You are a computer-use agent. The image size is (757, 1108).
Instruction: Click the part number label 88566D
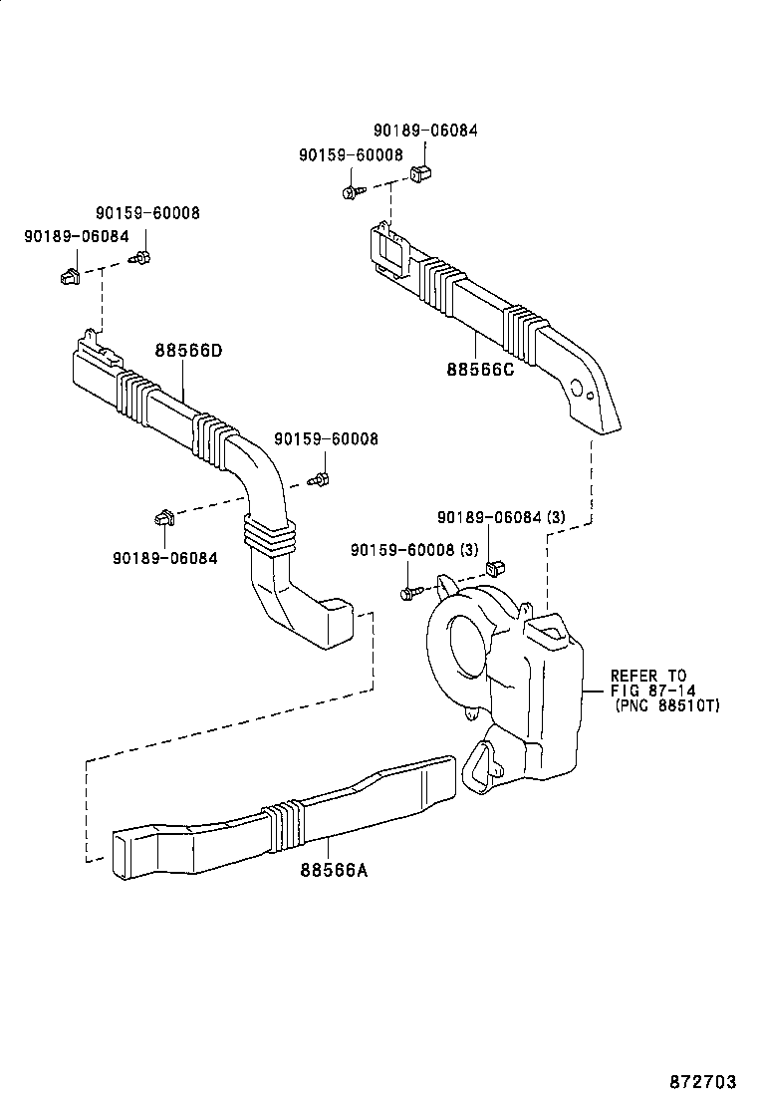[x=188, y=351]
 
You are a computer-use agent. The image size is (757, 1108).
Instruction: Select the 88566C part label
[x=480, y=370]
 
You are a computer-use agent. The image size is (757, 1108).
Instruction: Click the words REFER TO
[x=648, y=676]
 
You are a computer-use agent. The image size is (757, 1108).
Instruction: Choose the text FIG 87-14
[x=653, y=691]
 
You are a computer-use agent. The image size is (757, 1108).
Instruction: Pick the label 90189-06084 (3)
[x=501, y=517]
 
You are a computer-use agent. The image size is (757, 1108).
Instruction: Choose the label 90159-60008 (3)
[x=414, y=550]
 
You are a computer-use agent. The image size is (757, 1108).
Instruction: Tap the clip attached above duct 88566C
[x=420, y=174]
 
